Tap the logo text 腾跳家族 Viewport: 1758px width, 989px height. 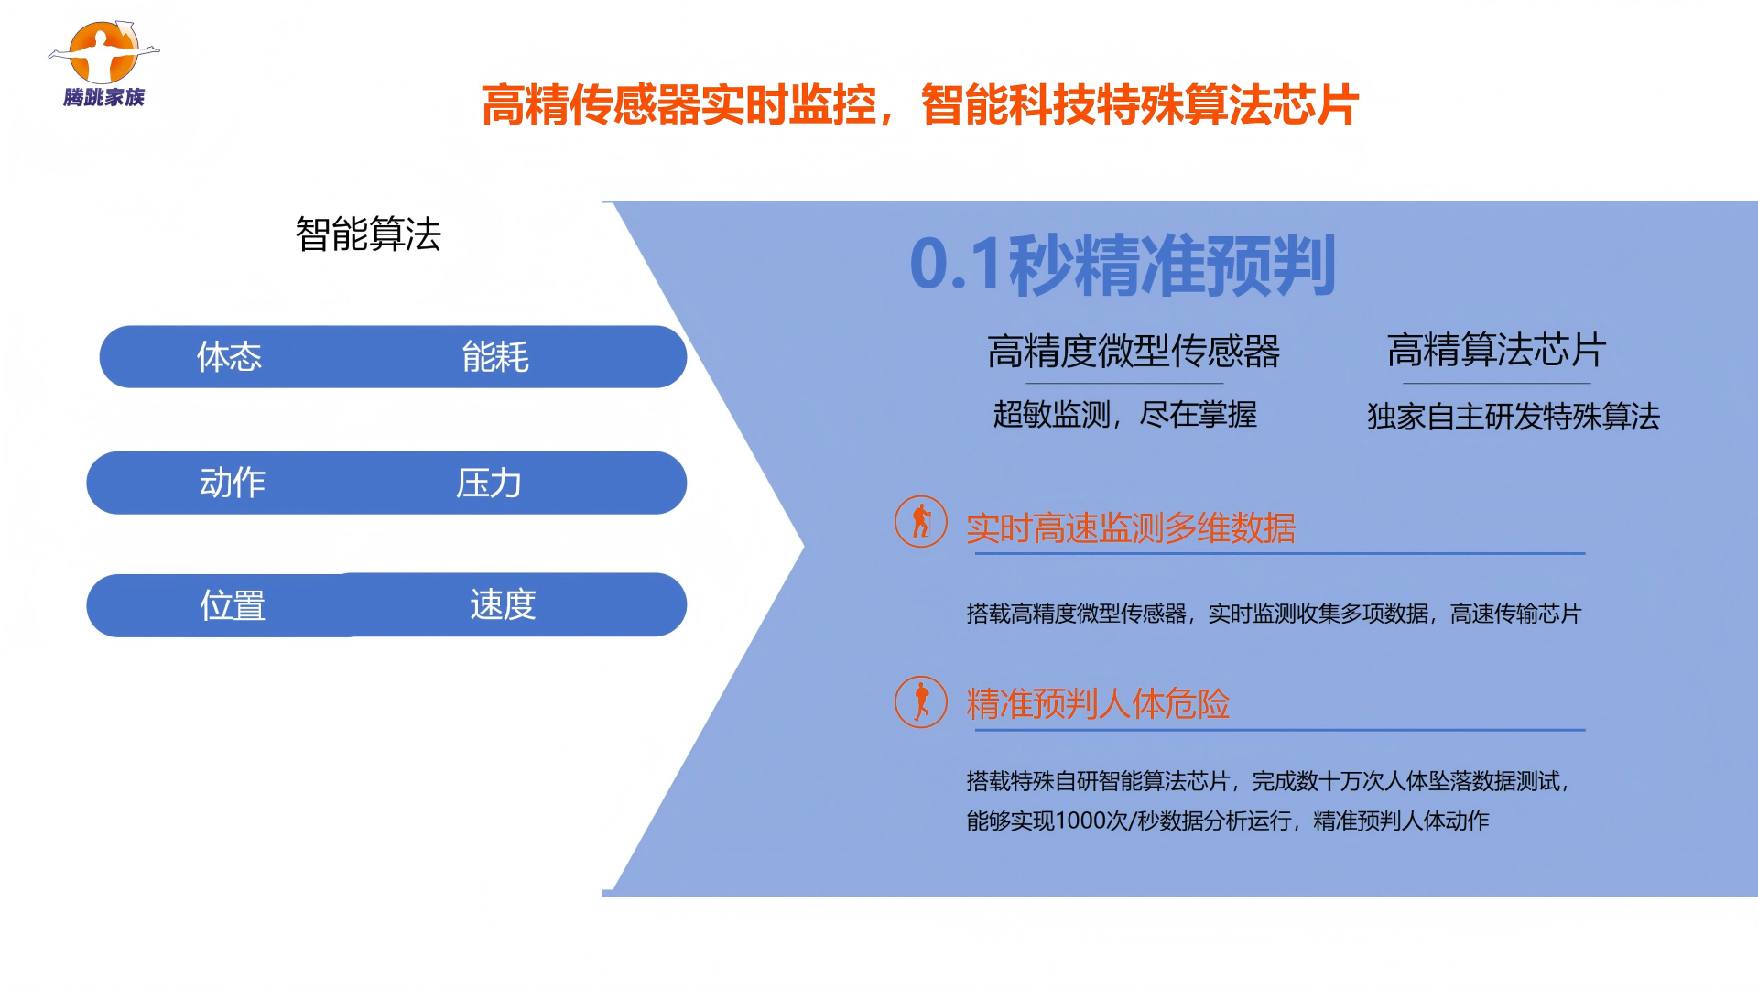pyautogui.click(x=104, y=97)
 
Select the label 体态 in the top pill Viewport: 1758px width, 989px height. pyautogui.click(x=229, y=356)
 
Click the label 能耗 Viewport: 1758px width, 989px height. pyautogui.click(x=495, y=356)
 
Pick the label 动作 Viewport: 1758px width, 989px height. pyautogui.click(x=233, y=483)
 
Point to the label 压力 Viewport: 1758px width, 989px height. pyautogui.click(x=489, y=483)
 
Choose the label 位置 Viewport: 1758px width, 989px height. pyautogui.click(x=233, y=605)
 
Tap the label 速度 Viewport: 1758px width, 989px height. pyautogui.click(x=503, y=604)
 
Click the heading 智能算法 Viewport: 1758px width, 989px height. pyautogui.click(x=368, y=234)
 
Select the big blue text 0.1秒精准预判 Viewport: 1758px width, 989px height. pyautogui.click(x=1123, y=265)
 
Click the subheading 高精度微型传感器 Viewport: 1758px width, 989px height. pyautogui.click(x=1134, y=351)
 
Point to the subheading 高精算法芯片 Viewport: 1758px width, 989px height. pyautogui.click(x=1497, y=350)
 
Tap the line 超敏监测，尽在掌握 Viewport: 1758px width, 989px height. pyautogui.click(x=1125, y=415)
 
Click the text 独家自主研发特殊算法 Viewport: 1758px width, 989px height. pyautogui.click(x=1514, y=417)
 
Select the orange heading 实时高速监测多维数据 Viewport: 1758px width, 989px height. pyautogui.click(x=1131, y=528)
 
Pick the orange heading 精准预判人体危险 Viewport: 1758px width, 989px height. pyautogui.click(x=1098, y=704)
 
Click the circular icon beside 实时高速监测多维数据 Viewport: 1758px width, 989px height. pyautogui.click(x=921, y=522)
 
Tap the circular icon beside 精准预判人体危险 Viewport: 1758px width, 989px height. pyautogui.click(x=921, y=702)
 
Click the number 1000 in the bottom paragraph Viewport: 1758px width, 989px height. pyautogui.click(x=1080, y=821)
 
